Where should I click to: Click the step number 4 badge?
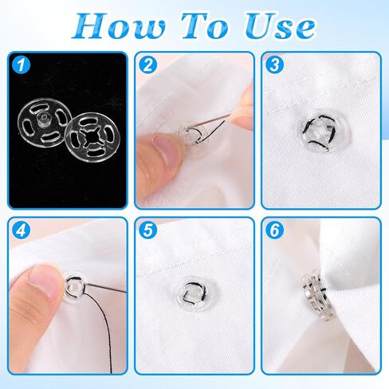22,232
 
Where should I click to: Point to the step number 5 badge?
147,232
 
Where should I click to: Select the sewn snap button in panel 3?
316,138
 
